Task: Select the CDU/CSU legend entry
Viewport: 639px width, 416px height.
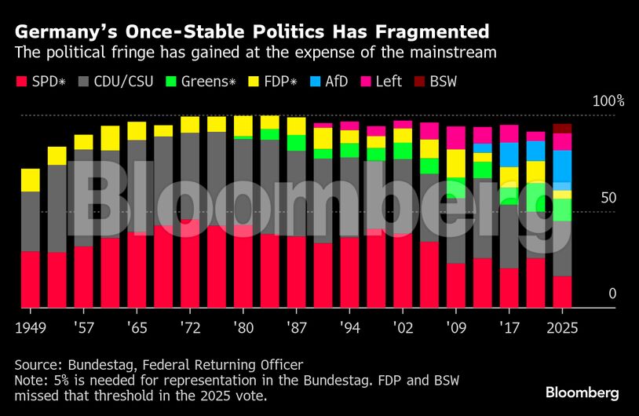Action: [124, 81]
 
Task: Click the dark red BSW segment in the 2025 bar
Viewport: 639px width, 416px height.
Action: [562, 129]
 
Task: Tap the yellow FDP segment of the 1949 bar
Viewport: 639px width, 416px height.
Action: [31, 180]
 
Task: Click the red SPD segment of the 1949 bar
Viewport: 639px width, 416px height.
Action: [31, 279]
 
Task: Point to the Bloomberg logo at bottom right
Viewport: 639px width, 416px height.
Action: [582, 392]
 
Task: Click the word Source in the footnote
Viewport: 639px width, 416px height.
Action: [35, 365]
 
